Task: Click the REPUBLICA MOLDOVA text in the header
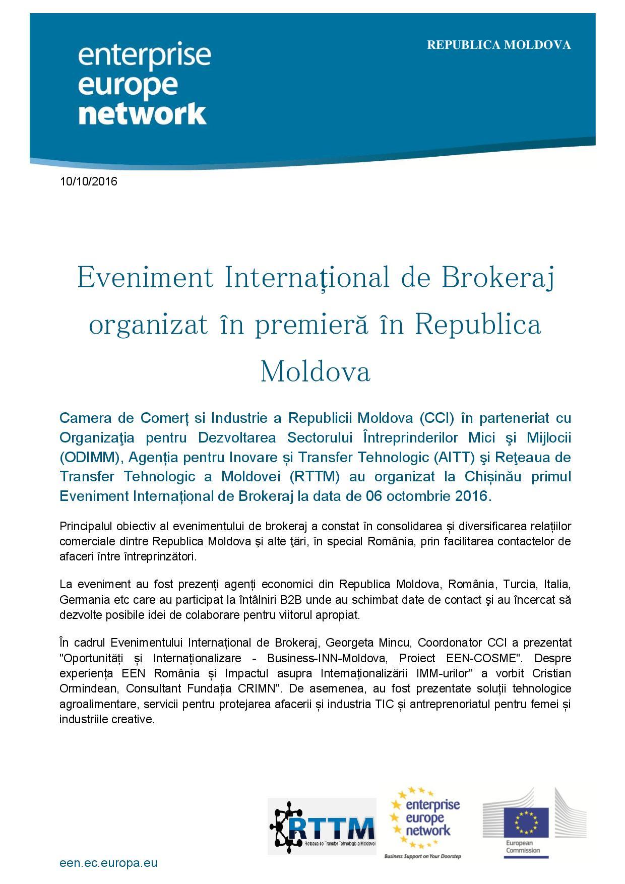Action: [498, 45]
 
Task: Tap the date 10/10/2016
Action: [88, 181]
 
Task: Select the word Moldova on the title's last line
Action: [315, 371]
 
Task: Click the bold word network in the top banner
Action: [143, 113]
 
